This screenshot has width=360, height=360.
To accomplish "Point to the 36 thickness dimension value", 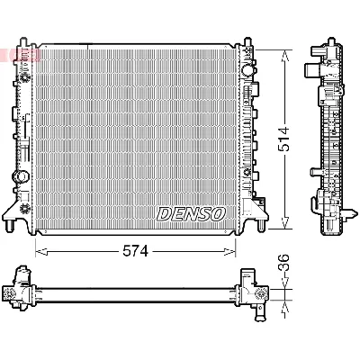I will (x=285, y=267).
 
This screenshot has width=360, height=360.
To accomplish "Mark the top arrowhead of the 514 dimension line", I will (x=286, y=53).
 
